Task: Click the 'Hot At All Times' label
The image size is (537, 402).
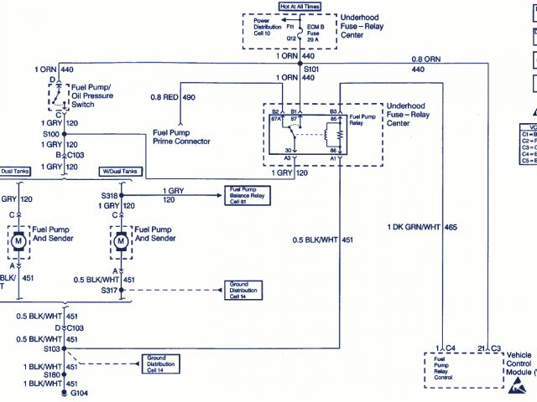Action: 300,8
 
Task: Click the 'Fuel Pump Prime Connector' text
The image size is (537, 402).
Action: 181,137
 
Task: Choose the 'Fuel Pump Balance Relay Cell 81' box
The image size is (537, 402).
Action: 245,196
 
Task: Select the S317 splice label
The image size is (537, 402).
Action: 109,290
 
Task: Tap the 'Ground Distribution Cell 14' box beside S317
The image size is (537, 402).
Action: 245,291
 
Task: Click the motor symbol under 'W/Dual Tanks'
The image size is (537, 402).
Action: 120,242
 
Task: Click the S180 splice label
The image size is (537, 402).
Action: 53,374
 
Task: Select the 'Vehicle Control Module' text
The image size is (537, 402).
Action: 519,364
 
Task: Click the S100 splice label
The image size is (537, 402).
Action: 51,133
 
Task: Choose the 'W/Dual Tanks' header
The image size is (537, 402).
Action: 118,171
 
